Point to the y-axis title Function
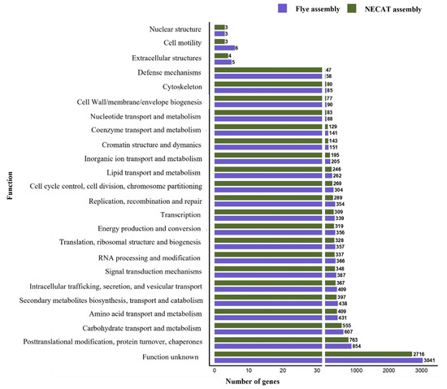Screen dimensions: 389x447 pos(7,196)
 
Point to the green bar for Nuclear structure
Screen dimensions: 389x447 pos(219,27)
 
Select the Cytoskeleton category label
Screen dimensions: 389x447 pos(180,88)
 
